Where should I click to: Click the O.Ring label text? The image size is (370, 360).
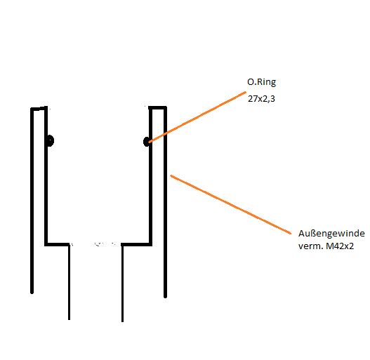pyautogui.click(x=261, y=82)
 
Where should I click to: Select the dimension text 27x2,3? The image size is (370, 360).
pyautogui.click(x=261, y=99)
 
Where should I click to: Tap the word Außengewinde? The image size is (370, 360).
pyautogui.click(x=331, y=234)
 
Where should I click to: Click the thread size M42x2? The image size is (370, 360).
pyautogui.click(x=340, y=246)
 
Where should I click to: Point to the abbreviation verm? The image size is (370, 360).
pyautogui.click(x=310, y=247)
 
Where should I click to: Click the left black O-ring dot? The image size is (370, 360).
pyautogui.click(x=50, y=141)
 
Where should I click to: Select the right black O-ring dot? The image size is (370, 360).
pyautogui.click(x=147, y=142)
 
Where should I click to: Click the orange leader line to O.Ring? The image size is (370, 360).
pyautogui.click(x=197, y=117)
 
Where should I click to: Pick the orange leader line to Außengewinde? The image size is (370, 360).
pyautogui.click(x=231, y=204)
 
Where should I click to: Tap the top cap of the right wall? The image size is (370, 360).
pyautogui.click(x=157, y=108)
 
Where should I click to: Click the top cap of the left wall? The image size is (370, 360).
pyautogui.click(x=39, y=108)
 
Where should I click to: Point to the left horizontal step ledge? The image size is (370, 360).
pyautogui.click(x=58, y=244)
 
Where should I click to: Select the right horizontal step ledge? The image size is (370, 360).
pyautogui.click(x=136, y=244)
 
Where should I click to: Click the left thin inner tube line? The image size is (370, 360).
pyautogui.click(x=69, y=282)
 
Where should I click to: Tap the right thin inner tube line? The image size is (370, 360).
pyautogui.click(x=122, y=283)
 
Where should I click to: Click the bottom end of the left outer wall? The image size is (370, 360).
pyautogui.click(x=32, y=293)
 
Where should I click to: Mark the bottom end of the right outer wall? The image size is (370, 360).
pyautogui.click(x=166, y=297)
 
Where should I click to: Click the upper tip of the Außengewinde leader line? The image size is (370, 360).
pyautogui.click(x=171, y=175)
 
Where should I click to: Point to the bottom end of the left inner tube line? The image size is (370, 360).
pyautogui.click(x=69, y=319)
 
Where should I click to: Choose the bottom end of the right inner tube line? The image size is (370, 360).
pyautogui.click(x=122, y=321)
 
